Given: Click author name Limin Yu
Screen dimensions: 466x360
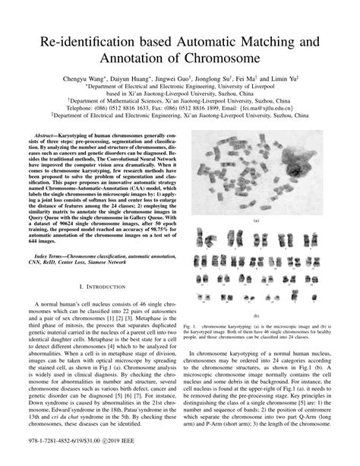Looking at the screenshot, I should (x=287, y=78).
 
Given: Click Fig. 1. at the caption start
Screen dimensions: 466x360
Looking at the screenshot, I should (x=191, y=325).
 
